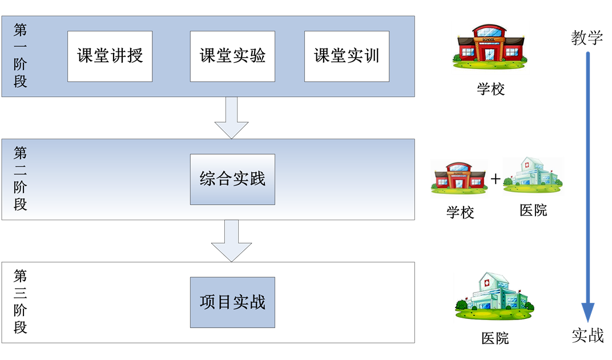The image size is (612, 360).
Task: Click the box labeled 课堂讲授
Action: point(110,56)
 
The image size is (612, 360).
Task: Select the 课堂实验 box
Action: point(232,56)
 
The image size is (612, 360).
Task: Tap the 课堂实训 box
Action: point(347,56)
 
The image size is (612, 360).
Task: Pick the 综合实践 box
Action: point(232,179)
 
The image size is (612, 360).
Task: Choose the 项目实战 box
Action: point(232,302)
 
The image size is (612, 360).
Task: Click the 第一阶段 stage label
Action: point(21,56)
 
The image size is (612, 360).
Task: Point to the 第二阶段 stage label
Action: point(21,179)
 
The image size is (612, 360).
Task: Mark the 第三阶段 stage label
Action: point(21,302)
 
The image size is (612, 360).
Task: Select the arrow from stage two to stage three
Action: point(231,241)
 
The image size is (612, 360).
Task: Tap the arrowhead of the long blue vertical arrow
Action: point(588,312)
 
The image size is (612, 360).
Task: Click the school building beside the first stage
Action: point(490,47)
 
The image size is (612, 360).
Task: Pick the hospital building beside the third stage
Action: point(494,297)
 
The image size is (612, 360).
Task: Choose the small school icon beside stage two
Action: point(460,178)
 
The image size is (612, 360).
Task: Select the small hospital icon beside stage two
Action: point(533,176)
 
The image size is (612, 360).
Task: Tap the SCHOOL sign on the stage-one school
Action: point(489,33)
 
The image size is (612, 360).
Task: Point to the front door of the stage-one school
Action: point(489,53)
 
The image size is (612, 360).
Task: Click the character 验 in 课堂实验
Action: point(257,56)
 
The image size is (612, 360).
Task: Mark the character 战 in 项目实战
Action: point(257,302)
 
